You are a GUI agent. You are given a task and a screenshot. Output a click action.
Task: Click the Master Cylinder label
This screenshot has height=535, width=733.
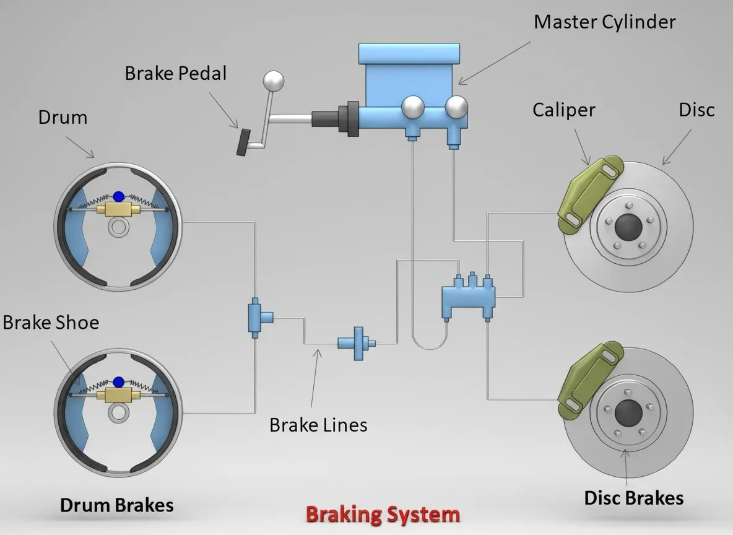(604, 23)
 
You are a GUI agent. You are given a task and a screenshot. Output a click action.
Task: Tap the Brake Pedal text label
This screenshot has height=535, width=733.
(176, 73)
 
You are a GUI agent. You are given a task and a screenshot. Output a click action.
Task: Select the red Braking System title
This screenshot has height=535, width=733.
(383, 514)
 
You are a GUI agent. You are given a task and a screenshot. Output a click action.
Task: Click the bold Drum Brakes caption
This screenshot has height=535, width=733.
(116, 505)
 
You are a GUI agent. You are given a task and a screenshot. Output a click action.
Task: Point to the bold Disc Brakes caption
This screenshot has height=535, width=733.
(633, 498)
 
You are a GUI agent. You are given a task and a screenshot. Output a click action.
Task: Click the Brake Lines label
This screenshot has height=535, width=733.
(318, 425)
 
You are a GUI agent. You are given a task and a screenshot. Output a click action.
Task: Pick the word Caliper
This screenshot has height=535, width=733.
(563, 110)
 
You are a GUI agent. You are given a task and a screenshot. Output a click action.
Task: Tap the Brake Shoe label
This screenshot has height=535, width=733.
(51, 323)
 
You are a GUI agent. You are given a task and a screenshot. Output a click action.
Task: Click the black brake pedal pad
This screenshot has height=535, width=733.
(243, 142)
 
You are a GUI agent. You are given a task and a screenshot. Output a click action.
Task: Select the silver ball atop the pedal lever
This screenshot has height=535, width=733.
(272, 80)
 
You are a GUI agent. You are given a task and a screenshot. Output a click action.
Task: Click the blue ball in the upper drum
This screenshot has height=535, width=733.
(118, 197)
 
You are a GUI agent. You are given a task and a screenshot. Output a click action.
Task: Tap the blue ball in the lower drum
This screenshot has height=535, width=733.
(118, 382)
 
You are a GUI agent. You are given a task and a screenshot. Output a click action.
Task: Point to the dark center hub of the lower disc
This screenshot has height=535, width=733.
(627, 412)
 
